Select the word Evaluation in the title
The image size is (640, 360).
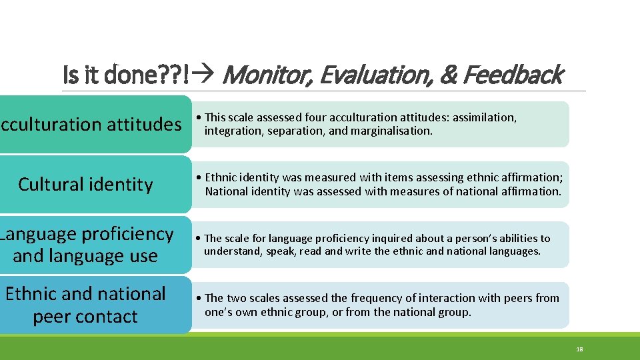click(375, 75)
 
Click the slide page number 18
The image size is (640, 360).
click(579, 349)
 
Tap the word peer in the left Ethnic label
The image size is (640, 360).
click(52, 317)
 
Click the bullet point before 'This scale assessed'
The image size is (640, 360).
click(200, 117)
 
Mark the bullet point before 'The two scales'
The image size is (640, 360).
click(200, 298)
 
